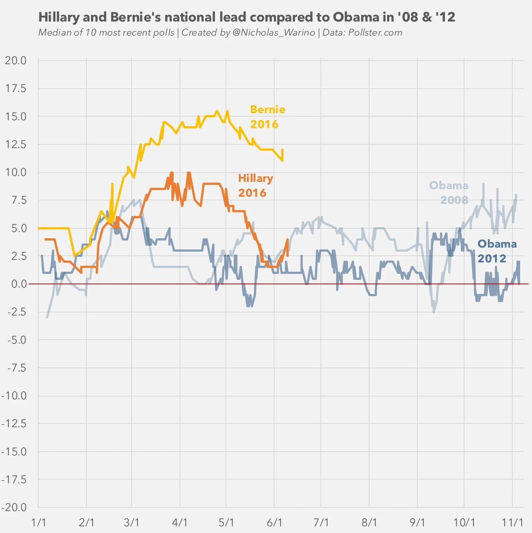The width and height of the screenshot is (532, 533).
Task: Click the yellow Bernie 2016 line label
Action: click(x=267, y=117)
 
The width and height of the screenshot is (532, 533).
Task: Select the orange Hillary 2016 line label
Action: click(x=255, y=185)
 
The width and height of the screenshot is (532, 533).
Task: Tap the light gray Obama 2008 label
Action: click(x=449, y=192)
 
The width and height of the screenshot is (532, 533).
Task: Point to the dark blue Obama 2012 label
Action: click(x=497, y=251)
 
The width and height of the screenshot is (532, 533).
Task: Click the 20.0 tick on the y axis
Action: click(x=16, y=61)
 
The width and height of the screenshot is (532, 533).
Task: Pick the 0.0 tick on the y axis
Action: click(x=19, y=284)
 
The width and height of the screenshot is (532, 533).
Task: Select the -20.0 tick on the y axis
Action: click(x=14, y=507)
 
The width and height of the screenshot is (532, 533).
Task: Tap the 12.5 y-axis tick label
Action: click(x=16, y=144)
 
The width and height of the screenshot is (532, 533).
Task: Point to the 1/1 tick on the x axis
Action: click(x=39, y=523)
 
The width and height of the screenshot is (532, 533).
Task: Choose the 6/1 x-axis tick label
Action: click(x=275, y=523)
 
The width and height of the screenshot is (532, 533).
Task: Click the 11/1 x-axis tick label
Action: click(x=512, y=523)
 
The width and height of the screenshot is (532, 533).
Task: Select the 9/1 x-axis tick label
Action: click(x=417, y=523)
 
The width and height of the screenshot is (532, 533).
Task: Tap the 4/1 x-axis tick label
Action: click(x=180, y=523)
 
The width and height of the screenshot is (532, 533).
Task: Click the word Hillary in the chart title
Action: click(x=59, y=17)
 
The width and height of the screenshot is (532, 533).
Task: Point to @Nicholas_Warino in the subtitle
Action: click(x=274, y=33)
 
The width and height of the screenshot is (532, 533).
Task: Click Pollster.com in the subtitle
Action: click(x=375, y=33)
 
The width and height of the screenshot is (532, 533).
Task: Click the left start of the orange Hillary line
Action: click(x=45, y=239)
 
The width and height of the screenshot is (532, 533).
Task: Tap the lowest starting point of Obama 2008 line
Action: click(x=47, y=317)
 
